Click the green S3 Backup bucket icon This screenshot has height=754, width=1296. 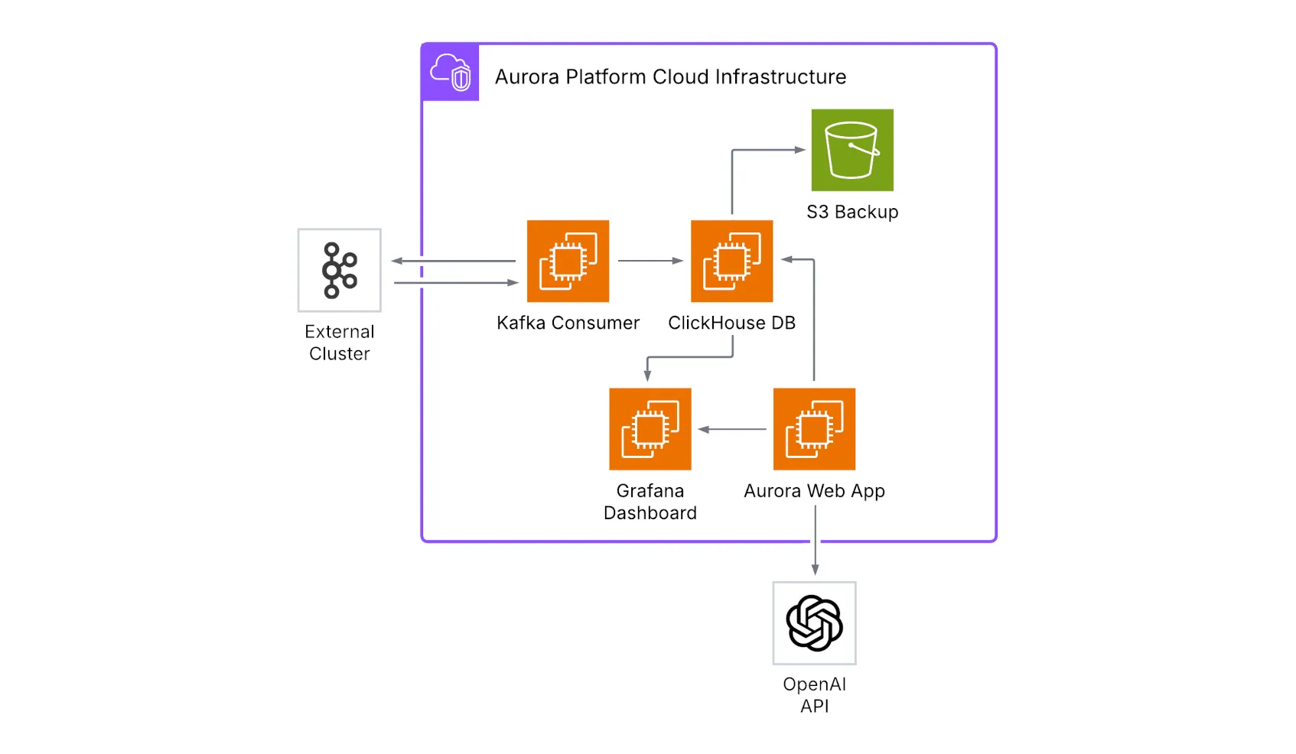click(852, 150)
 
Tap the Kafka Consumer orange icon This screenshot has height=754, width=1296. click(568, 262)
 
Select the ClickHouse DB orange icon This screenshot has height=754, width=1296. click(731, 262)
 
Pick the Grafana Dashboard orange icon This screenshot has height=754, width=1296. click(650, 429)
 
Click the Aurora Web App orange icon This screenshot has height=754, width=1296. click(814, 429)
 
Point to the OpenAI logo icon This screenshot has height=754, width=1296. click(814, 623)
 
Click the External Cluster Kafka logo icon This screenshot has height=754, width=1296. click(339, 270)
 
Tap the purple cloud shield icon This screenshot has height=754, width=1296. click(451, 73)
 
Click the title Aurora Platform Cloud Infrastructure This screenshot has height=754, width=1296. click(670, 77)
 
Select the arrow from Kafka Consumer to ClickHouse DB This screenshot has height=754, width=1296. click(650, 261)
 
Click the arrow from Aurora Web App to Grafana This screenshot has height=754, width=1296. click(732, 429)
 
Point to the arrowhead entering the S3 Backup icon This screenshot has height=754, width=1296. click(800, 150)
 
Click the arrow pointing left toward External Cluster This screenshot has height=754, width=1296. click(453, 261)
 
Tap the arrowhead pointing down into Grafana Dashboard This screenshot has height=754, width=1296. click(647, 375)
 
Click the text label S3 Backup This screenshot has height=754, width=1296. click(852, 212)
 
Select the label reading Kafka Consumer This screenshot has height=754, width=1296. click(568, 323)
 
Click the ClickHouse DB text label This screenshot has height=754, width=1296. click(731, 323)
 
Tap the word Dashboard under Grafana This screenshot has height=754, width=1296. click(650, 513)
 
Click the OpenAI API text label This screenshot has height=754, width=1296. click(814, 695)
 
